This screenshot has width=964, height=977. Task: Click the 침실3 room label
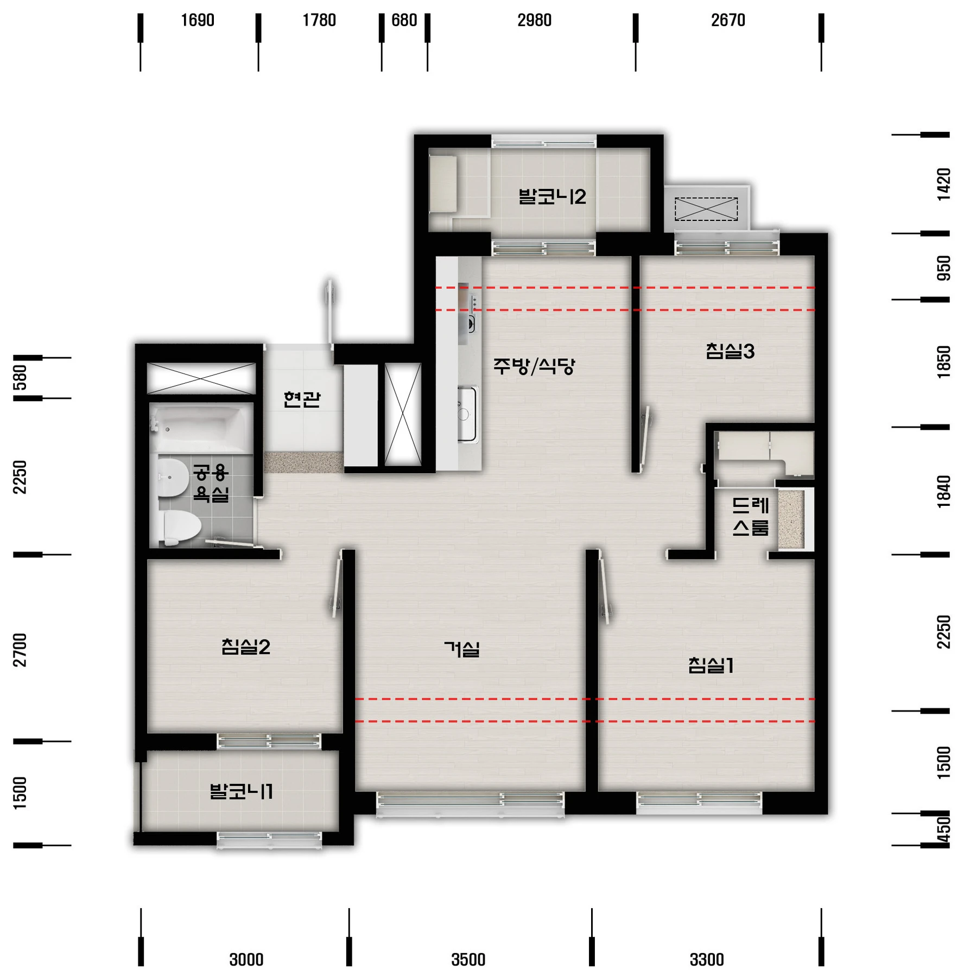pos(730,351)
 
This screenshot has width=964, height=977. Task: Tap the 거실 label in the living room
pos(462,649)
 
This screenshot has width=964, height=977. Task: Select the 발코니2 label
pos(552,196)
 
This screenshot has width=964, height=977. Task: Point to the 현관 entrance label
pos(302,399)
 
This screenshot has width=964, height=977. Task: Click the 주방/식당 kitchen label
pos(534,366)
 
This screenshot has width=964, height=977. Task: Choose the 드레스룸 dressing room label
pos(751,516)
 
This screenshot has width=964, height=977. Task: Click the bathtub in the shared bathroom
pos(201,428)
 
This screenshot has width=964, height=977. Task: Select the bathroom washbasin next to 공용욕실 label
pos(173,478)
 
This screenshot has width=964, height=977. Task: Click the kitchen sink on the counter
pos(466,414)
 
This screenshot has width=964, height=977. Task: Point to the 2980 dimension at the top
pos(534,21)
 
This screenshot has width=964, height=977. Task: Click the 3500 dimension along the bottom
pos(468,960)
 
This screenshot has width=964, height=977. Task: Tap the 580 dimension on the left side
pos(20,378)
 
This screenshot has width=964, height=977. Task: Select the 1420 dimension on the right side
pos(944,185)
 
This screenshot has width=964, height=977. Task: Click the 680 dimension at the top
pos(404,21)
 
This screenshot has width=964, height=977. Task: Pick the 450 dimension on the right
pos(944,829)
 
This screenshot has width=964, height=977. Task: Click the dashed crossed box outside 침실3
pos(706,209)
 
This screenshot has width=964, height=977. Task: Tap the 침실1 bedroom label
pos(711,665)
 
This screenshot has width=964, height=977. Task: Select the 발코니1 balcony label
pos(242,791)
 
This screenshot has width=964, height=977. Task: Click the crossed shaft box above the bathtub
pos(201,378)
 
